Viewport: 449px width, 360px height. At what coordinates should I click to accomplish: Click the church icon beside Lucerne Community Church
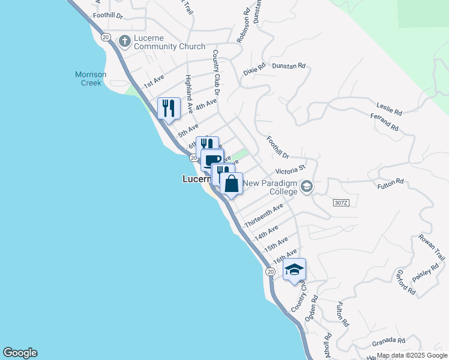[x=125, y=41]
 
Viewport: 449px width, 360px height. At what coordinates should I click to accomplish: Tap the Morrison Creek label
[x=91, y=79]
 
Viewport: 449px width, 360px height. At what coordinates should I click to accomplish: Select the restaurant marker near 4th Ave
[x=169, y=108]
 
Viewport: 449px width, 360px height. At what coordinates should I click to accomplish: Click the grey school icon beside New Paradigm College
[x=307, y=187]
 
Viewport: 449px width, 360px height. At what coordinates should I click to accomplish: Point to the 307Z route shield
[x=340, y=203]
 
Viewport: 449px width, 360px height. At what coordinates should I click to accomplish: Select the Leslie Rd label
[x=389, y=109]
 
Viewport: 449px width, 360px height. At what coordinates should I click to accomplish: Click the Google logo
[x=20, y=353]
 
